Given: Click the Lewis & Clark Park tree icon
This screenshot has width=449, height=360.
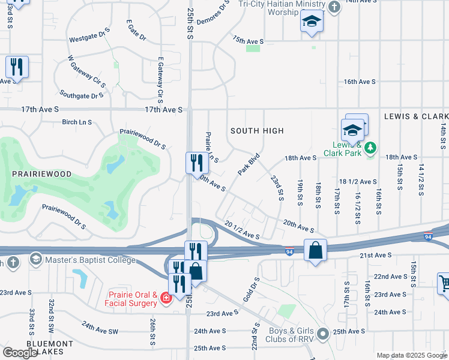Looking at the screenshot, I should pyautogui.click(x=370, y=147).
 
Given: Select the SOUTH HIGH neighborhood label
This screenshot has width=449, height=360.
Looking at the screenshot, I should pyautogui.click(x=257, y=130).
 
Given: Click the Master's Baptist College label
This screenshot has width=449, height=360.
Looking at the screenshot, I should pyautogui.click(x=87, y=259).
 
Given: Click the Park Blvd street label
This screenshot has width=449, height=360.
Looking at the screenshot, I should pyautogui.click(x=248, y=164).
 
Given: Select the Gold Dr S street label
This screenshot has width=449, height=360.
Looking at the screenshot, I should pyautogui.click(x=252, y=289).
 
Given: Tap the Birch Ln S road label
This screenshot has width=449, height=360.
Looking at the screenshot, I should pyautogui.click(x=77, y=122).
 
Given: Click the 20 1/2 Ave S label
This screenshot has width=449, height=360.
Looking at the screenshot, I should pyautogui.click(x=243, y=230).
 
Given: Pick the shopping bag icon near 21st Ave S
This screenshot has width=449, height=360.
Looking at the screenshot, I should pyautogui.click(x=316, y=249).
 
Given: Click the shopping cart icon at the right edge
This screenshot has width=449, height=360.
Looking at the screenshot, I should pyautogui.click(x=444, y=282).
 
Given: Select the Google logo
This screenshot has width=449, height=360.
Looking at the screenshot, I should pyautogui.click(x=20, y=353).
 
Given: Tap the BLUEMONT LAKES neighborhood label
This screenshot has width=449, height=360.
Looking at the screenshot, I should pyautogui.click(x=41, y=348).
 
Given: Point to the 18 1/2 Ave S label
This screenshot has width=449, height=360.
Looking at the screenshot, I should pyautogui.click(x=358, y=181).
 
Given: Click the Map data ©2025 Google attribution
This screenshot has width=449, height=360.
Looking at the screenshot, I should pyautogui.click(x=411, y=355).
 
